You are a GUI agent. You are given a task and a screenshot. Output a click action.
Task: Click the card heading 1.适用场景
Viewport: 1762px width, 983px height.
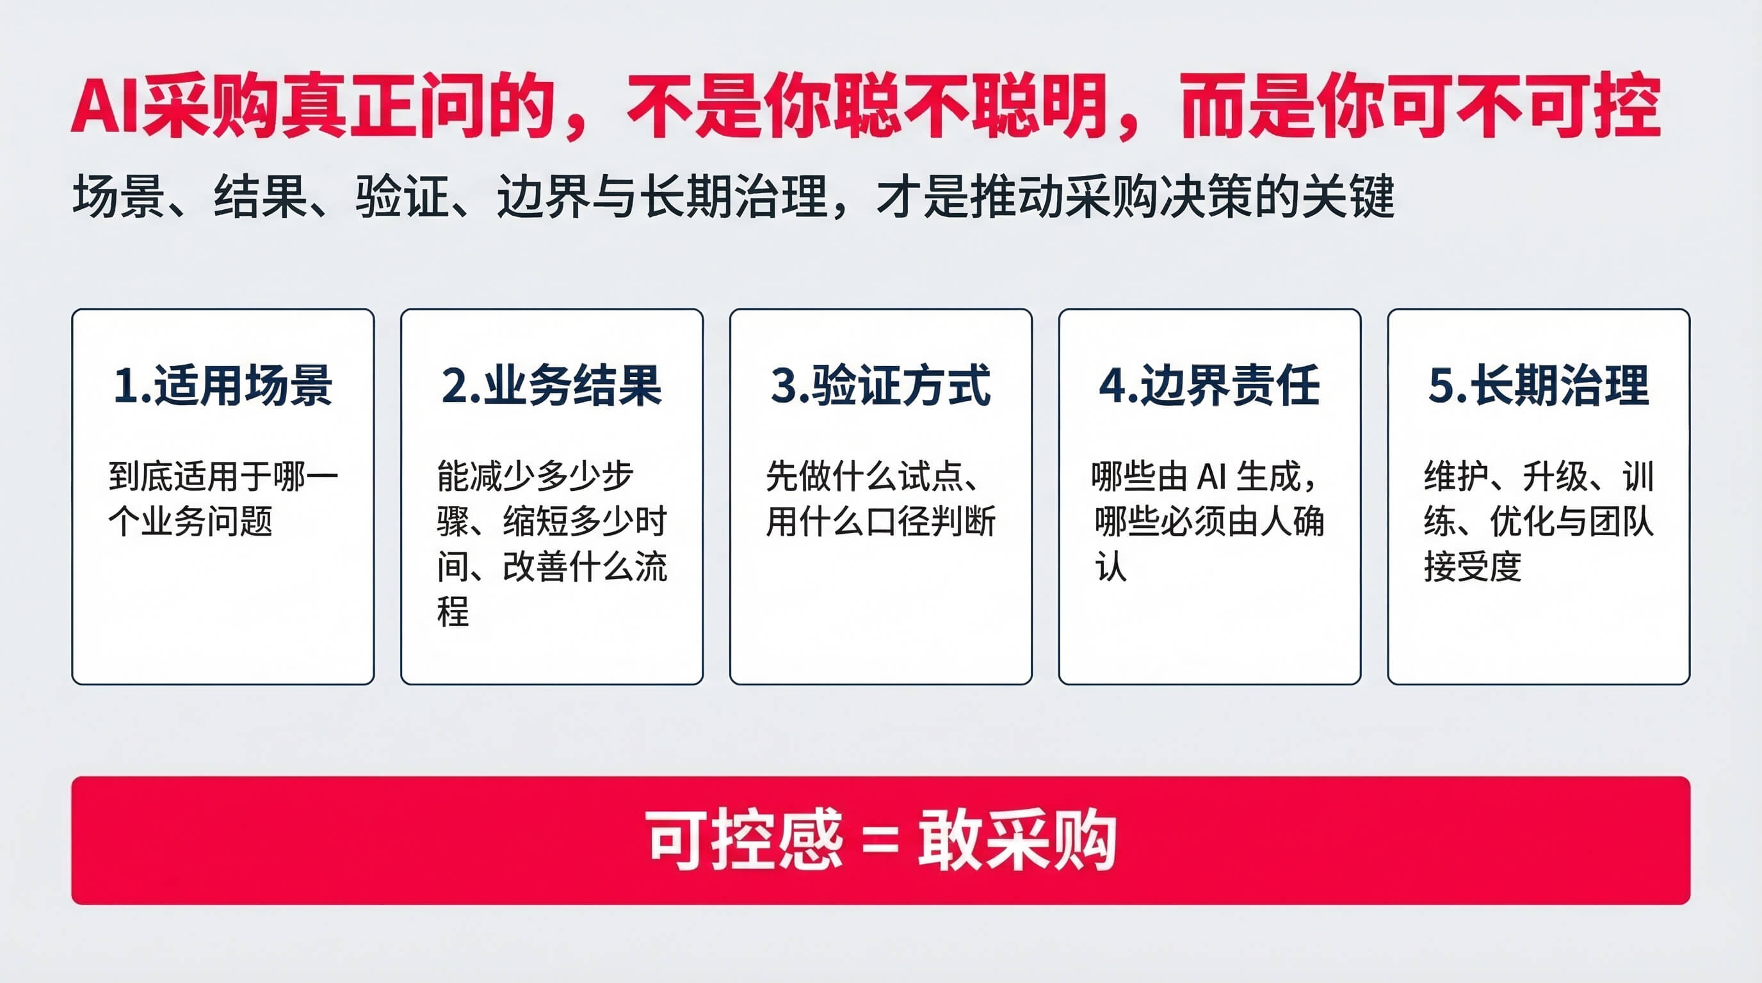223,385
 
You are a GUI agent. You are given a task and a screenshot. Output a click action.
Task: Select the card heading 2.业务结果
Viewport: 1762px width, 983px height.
552,385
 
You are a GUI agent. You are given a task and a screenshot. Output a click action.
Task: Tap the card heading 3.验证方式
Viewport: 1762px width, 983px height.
880,385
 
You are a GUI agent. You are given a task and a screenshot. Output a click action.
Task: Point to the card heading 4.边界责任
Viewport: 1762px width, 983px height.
1209,385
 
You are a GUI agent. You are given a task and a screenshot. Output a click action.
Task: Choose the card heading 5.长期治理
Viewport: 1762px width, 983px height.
1539,385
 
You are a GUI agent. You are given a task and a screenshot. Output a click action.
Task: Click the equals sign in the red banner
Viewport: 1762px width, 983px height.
880,841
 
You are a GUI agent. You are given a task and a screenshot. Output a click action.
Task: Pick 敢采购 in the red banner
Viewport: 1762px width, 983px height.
1017,840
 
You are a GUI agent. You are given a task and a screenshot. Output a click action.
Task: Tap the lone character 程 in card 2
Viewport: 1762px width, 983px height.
453,611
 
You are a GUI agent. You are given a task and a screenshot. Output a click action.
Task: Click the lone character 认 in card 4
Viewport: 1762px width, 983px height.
1111,566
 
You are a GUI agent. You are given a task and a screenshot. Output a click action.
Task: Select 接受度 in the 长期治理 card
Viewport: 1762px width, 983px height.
1473,566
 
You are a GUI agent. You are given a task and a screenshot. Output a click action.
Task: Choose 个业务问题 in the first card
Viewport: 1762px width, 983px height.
190,522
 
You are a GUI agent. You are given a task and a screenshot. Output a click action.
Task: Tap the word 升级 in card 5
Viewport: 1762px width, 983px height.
1555,477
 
